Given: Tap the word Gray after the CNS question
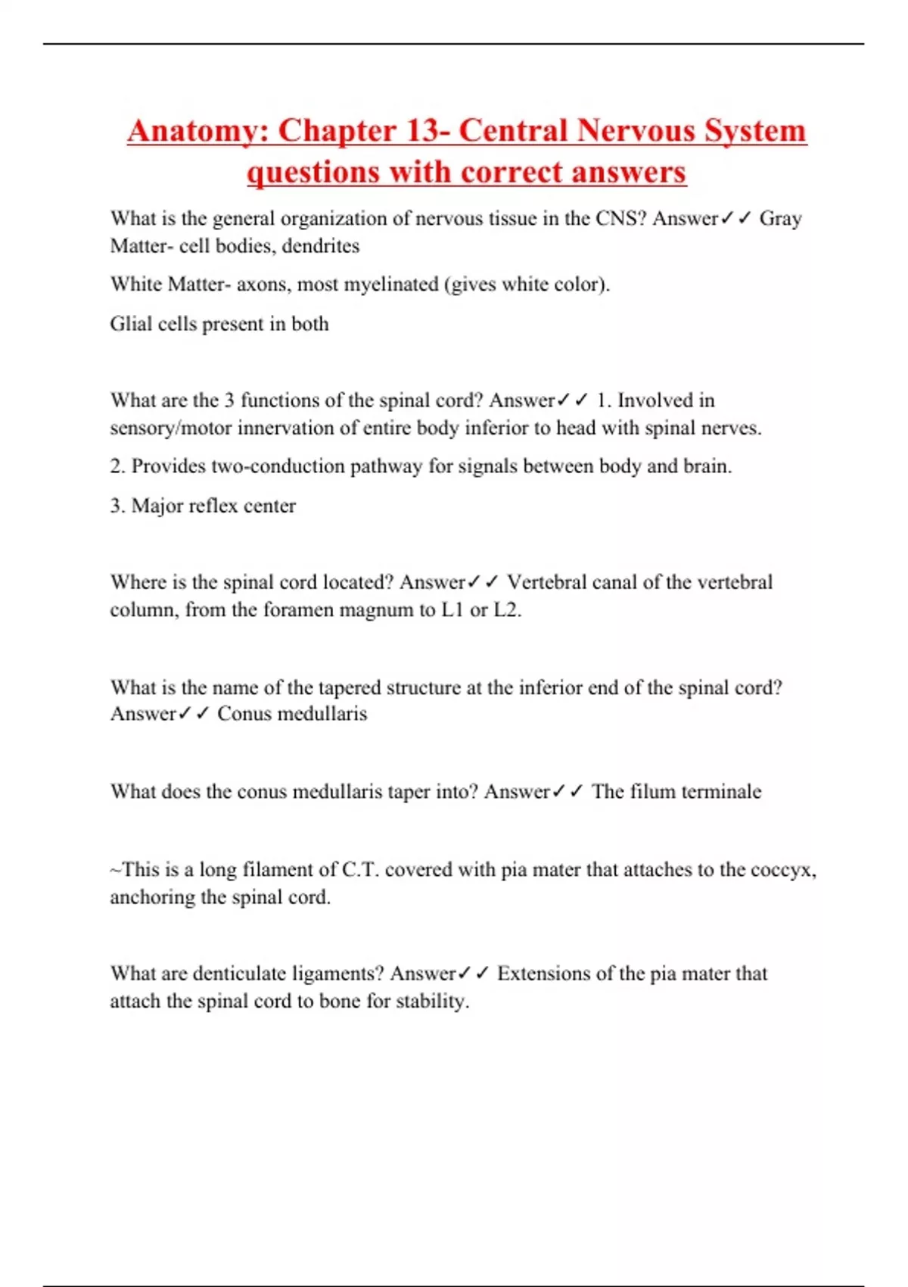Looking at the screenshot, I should click(x=780, y=219).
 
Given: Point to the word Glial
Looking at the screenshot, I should click(x=131, y=324).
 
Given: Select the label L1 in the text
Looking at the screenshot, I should click(x=452, y=610).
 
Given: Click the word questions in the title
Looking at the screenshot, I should click(x=314, y=173).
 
